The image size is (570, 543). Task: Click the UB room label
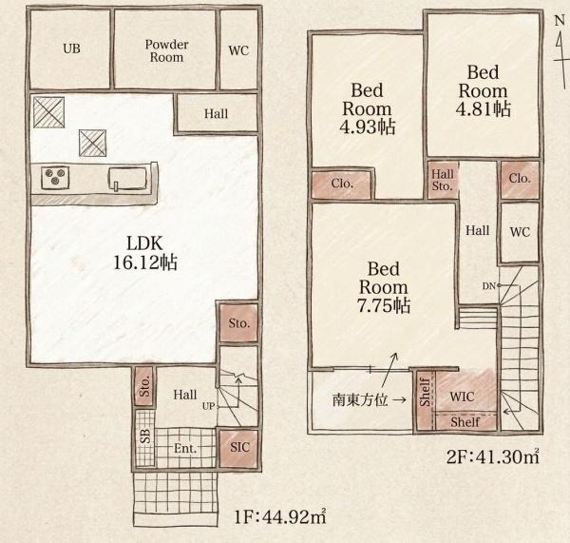(x=71, y=48)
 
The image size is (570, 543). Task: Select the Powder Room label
(x=166, y=51)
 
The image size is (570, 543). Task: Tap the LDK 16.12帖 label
(x=145, y=253)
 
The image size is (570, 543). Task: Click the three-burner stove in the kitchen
(x=55, y=178)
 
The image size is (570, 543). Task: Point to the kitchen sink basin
(x=127, y=179)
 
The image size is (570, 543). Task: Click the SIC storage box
(x=239, y=448)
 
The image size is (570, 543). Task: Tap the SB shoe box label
(x=145, y=436)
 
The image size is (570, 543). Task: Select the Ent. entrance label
(x=185, y=448)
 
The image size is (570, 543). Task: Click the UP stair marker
(x=208, y=406)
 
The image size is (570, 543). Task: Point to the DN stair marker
(x=489, y=286)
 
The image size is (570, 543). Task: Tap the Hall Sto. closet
(x=442, y=180)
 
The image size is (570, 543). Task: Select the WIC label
(x=462, y=397)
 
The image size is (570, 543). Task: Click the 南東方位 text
(x=360, y=400)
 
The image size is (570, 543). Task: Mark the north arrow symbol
(x=560, y=51)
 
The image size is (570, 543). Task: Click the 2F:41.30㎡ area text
(x=493, y=456)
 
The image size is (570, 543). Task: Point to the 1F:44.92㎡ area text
(x=280, y=516)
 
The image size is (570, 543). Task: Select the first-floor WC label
(x=238, y=50)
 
